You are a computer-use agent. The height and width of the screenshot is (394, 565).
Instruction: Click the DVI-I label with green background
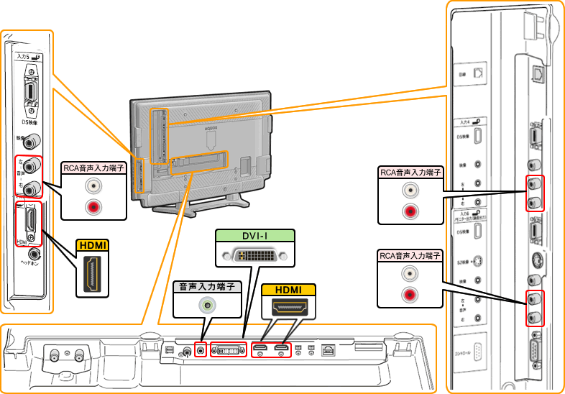point(255,236)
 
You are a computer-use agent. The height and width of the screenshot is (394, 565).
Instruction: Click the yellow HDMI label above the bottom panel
point(288,290)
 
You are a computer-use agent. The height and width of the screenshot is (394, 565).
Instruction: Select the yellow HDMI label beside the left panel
point(93,245)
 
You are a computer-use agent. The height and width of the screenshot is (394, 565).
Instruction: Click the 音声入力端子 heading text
point(208,286)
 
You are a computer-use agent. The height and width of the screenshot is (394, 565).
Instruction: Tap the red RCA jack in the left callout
point(93,207)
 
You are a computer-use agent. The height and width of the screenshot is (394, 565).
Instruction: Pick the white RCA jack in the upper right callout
point(410,192)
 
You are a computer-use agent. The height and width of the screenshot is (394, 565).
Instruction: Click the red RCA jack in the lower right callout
point(410,293)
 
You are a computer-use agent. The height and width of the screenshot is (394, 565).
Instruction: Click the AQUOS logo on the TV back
point(211,127)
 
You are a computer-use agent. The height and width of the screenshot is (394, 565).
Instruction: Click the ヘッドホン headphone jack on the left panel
point(33,254)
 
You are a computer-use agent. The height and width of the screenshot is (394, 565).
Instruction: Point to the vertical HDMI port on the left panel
point(31,219)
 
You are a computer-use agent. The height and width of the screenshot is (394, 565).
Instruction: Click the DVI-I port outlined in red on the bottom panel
point(226,350)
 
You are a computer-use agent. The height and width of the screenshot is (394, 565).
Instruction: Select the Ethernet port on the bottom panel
point(329,350)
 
